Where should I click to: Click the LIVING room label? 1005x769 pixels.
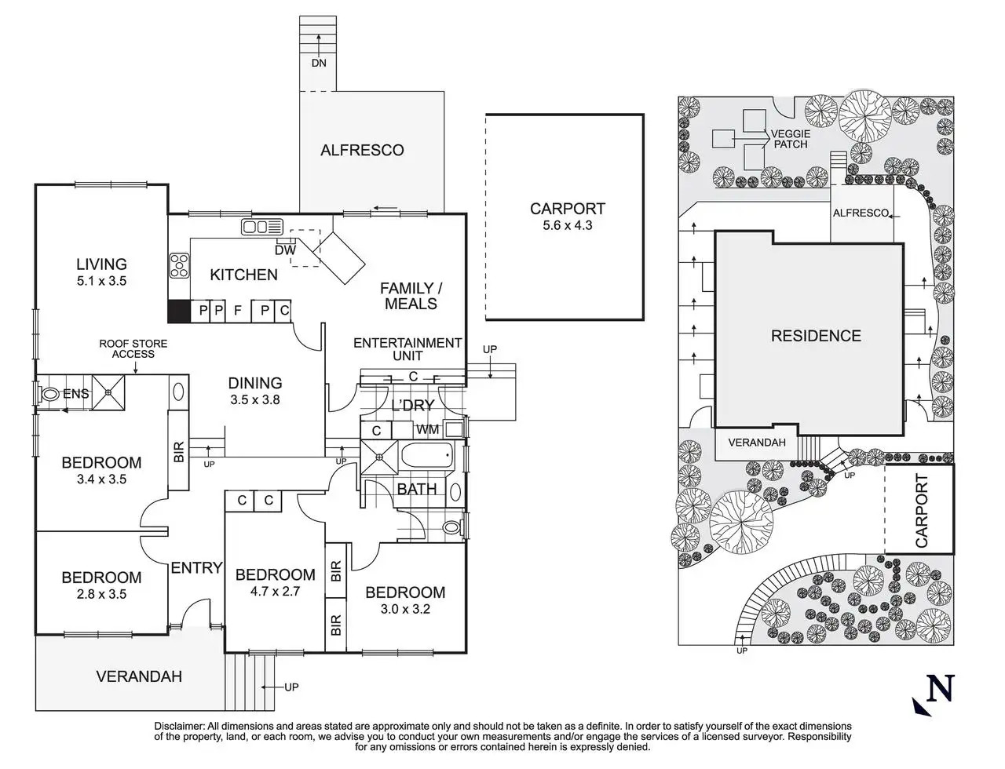tap(101, 264)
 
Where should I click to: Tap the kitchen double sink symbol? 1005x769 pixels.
tap(261, 228)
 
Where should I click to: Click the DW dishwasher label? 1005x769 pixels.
tap(284, 250)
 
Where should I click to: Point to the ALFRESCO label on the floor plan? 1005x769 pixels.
tap(362, 150)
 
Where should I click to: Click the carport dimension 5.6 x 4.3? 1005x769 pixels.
tap(567, 225)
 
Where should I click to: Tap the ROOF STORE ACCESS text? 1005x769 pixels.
tap(133, 348)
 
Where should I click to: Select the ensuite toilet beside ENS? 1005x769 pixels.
tap(51, 395)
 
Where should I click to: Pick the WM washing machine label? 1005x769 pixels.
tap(427, 429)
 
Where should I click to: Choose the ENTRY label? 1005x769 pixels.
tap(196, 567)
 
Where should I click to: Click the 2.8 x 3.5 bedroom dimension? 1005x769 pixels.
tap(101, 594)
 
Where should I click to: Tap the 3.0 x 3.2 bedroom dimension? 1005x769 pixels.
tap(405, 609)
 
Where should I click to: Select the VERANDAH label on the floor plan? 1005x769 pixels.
tap(139, 676)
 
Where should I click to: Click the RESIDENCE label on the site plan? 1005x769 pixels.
tap(816, 336)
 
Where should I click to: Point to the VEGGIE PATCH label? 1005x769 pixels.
tap(790, 139)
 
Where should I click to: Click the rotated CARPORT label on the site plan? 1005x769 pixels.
tap(921, 510)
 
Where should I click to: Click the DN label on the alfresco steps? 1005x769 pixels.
tap(318, 63)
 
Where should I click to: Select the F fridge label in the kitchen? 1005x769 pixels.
tap(237, 311)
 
